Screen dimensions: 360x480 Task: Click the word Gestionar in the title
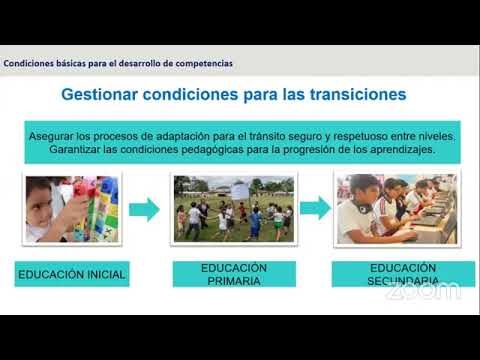109,97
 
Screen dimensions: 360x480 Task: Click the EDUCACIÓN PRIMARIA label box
233,274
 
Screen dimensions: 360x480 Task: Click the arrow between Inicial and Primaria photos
145,209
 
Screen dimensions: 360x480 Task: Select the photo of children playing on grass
232,209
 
